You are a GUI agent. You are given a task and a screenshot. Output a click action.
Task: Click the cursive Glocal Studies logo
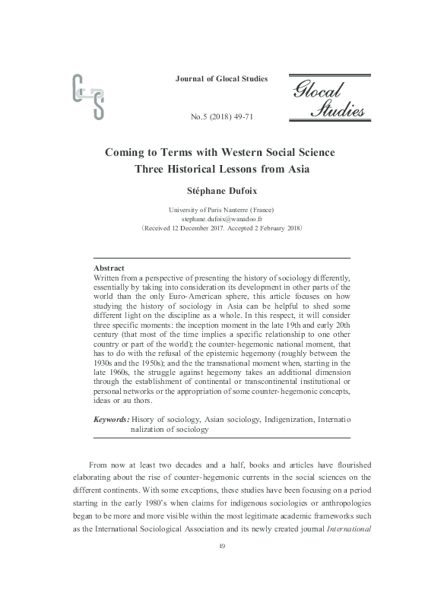[x=327, y=98]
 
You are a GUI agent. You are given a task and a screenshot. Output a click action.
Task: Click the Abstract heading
[x=109, y=268]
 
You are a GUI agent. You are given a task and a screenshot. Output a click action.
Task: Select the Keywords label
[x=110, y=419]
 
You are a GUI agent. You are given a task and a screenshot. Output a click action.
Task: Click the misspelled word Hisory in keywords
[x=145, y=419]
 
